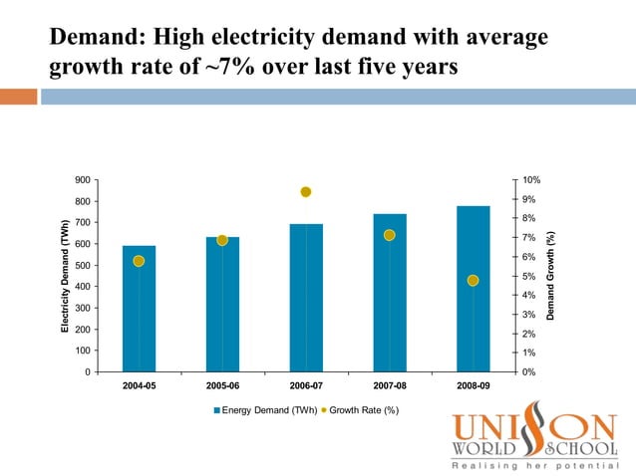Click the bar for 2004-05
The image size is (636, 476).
coord(139,309)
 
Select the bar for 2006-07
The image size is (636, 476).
coord(306,298)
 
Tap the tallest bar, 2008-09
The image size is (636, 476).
coord(473,289)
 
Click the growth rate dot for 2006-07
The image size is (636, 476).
coord(306,192)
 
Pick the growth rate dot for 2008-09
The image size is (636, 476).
coord(473,281)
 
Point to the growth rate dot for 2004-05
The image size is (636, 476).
coord(139,261)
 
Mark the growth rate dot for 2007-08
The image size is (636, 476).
coord(390,235)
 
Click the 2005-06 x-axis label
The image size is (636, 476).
coord(222,384)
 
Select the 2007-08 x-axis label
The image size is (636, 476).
coord(390,384)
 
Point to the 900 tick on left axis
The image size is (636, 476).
coord(82,180)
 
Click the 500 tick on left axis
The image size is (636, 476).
coord(82,266)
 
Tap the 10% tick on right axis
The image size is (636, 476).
coord(532,180)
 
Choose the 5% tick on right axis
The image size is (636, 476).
coord(530,276)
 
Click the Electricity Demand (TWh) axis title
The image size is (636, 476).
coord(66,276)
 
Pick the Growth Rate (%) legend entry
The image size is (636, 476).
coord(363,410)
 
